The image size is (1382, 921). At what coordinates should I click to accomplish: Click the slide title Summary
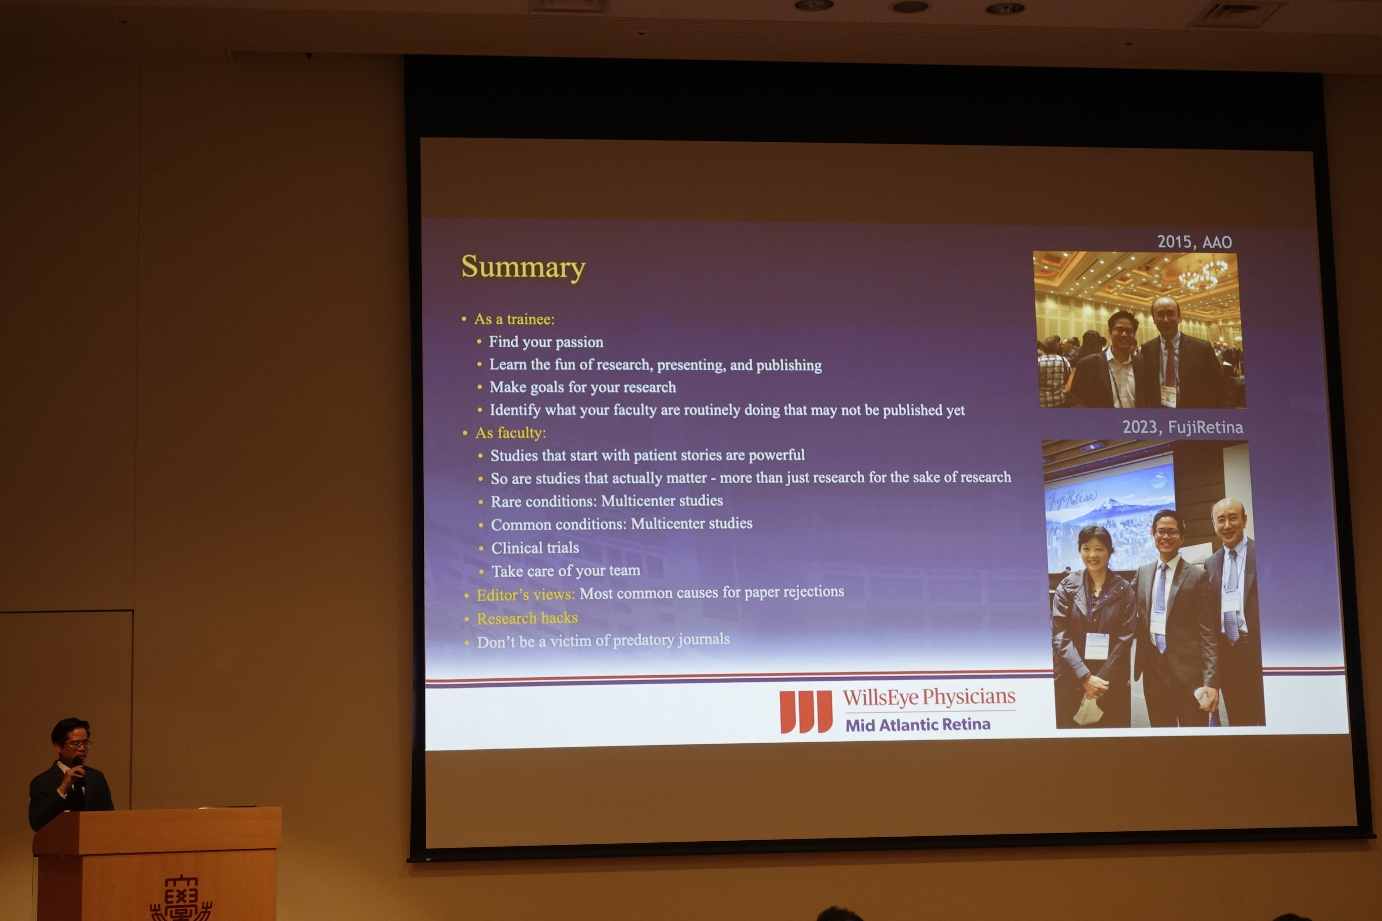523,268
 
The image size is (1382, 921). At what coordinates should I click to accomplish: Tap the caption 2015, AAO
1194,242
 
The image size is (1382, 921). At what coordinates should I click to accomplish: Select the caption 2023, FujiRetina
1182,427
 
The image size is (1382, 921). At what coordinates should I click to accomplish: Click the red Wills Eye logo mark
806,711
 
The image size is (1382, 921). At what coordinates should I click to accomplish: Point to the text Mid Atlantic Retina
918,725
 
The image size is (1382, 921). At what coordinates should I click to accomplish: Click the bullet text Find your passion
546,342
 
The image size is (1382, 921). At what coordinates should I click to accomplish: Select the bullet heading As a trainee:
514,319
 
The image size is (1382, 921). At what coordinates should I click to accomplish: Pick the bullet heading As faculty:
511,433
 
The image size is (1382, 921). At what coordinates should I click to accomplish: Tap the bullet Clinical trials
535,547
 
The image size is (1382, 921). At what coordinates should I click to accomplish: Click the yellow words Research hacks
527,618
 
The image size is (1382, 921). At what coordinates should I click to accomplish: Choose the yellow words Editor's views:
526,595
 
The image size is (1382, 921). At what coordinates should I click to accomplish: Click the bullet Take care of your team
566,571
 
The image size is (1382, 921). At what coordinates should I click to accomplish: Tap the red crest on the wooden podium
181,899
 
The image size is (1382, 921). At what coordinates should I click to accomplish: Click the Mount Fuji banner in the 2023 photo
1109,517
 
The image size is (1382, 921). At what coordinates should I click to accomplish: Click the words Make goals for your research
583,387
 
